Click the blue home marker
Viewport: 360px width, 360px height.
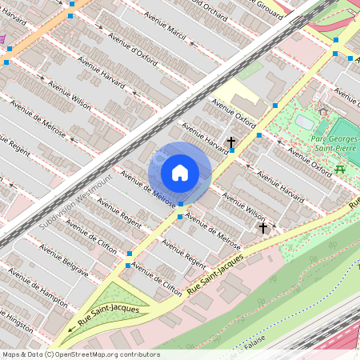point(180,173)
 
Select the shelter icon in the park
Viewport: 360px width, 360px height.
point(323,112)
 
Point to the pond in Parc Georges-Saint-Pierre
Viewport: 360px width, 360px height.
point(306,121)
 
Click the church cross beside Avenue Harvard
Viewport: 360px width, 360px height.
point(231,143)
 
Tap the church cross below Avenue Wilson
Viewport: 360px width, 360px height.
point(262,229)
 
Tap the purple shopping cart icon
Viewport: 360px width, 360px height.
point(2,38)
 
